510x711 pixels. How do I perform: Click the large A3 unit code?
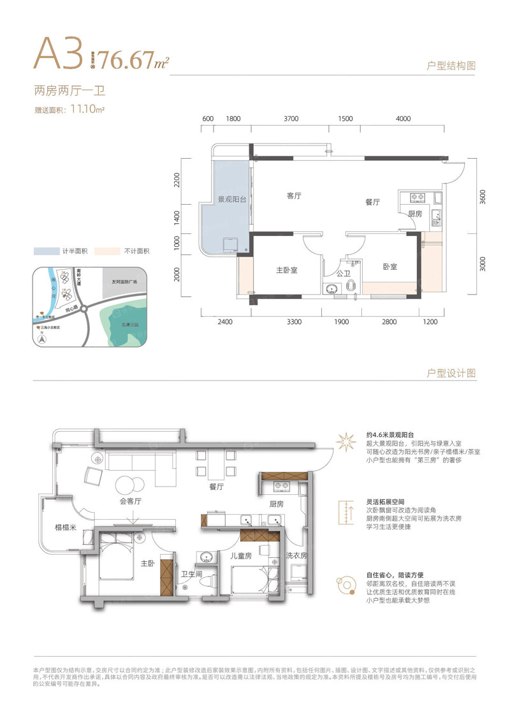tap(59, 54)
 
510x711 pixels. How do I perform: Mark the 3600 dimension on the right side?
tap(483, 196)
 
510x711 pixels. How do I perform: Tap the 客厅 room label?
tap(294, 196)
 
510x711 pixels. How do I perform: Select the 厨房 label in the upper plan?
tap(415, 214)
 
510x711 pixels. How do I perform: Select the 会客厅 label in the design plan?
tap(129, 501)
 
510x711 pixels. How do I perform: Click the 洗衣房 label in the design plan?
tap(296, 555)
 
